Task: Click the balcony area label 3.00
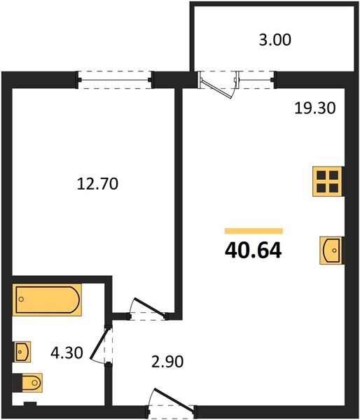tap(275, 40)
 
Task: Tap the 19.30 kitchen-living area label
tap(315, 108)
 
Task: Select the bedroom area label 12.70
tap(97, 184)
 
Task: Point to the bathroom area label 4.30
tap(67, 353)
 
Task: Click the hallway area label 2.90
tap(167, 362)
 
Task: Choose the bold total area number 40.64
tap(254, 250)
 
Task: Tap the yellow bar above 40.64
tap(254, 230)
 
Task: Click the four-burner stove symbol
tap(328, 181)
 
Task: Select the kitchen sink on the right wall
tap(331, 251)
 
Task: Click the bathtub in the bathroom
tap(47, 300)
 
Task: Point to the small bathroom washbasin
tap(22, 351)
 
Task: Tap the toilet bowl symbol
tap(32, 383)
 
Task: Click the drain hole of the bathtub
tap(22, 299)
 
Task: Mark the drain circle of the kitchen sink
tap(334, 251)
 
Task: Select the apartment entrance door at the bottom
tap(174, 400)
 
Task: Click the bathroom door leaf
tap(99, 343)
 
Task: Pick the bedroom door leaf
tap(150, 307)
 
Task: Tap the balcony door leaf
tap(216, 89)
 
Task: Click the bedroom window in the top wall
tap(115, 80)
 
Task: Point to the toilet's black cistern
tap(17, 383)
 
